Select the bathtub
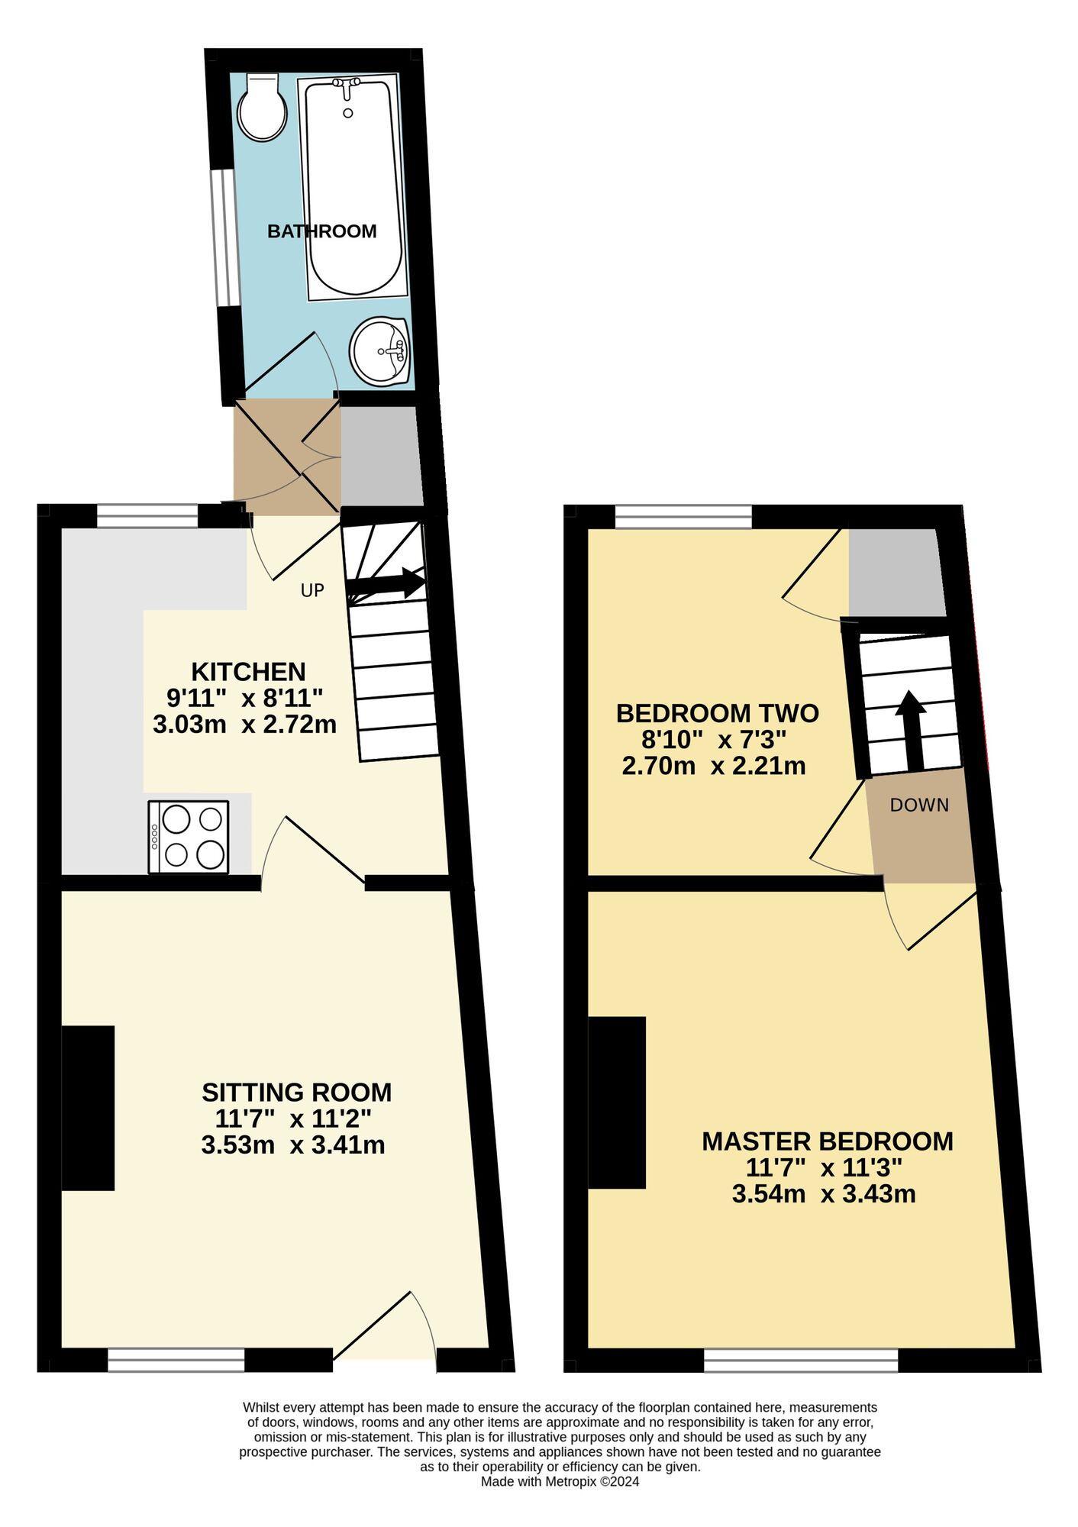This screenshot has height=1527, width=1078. coord(353,187)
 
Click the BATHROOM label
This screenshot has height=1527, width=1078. coord(321,231)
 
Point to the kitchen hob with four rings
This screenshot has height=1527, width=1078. coord(189,837)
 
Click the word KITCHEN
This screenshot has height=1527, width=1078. coord(248,672)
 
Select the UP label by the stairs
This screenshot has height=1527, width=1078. coord(312,590)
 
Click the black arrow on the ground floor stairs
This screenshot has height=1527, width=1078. coord(386,583)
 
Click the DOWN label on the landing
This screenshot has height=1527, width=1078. coord(919,805)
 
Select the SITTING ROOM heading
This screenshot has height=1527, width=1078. coord(296,1093)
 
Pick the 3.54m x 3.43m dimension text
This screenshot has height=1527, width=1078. coord(824,1194)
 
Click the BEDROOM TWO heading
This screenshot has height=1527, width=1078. coord(717,713)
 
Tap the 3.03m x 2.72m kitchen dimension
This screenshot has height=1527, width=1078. coord(244,724)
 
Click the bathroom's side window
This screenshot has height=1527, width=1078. coord(223,237)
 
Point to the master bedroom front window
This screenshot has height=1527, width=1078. coord(801,1359)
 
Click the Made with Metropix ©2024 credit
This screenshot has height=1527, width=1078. coord(560,1482)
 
